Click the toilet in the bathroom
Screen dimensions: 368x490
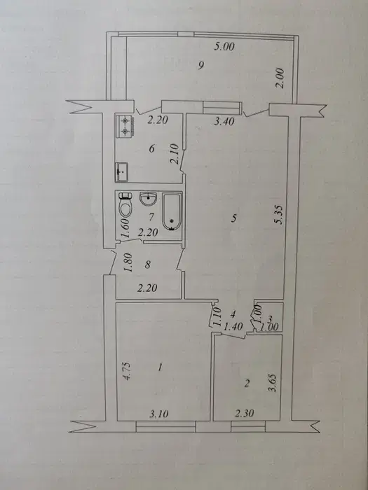[125, 204]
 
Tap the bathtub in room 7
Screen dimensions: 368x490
[172, 211]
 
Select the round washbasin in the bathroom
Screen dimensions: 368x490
[149, 199]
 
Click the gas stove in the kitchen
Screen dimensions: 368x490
[125, 126]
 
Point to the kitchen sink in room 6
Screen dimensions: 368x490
[121, 172]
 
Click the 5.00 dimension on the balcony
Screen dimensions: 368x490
[224, 47]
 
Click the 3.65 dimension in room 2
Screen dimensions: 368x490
[272, 383]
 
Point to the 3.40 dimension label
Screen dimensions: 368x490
[224, 121]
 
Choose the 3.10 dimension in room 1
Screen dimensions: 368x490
[158, 414]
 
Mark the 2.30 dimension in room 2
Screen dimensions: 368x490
[245, 413]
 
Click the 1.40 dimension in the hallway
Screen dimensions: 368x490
[233, 327]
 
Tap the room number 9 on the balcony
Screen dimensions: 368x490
[201, 65]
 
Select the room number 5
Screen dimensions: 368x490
[234, 218]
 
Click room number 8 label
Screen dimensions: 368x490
[148, 265]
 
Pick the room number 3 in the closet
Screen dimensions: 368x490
[271, 318]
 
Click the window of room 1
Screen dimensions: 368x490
[166, 426]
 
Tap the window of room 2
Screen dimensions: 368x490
[248, 426]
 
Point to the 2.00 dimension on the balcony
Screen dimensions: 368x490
[280, 78]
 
